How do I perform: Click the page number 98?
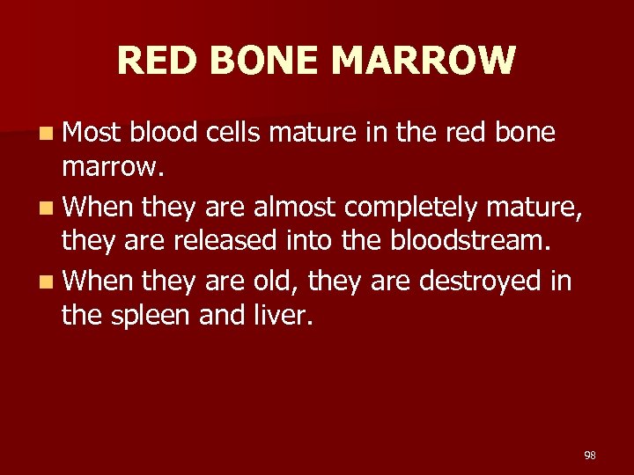pyautogui.click(x=590, y=456)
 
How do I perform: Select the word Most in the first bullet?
pyautogui.click(x=92, y=133)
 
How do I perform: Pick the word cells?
pyautogui.click(x=235, y=133)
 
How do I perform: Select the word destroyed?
pyautogui.click(x=474, y=282)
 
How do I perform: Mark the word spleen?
pyautogui.click(x=150, y=313)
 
